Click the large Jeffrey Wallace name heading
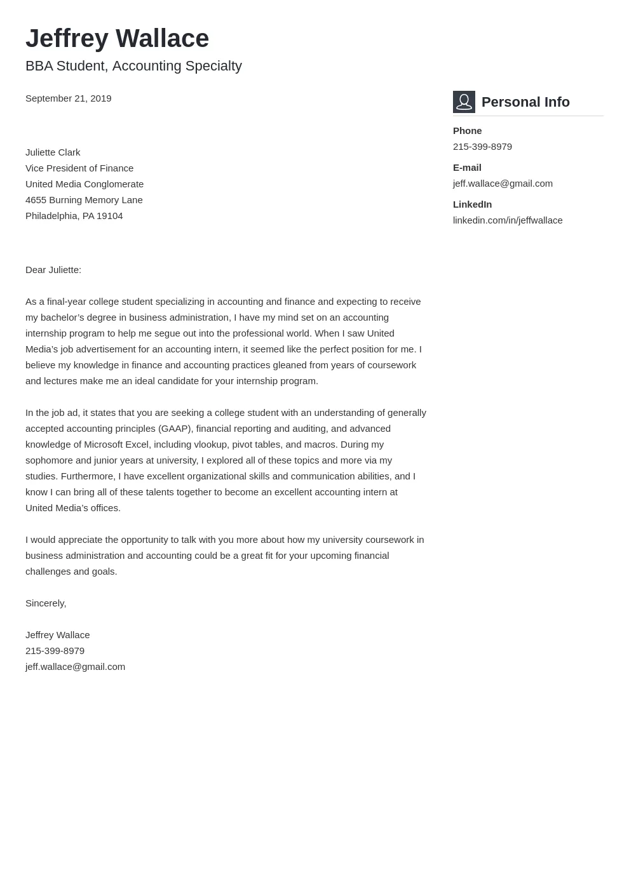click(117, 39)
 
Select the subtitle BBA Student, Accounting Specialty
click(133, 66)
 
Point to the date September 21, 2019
click(68, 98)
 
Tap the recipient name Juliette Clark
click(53, 152)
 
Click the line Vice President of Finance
click(79, 168)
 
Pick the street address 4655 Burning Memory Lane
click(84, 200)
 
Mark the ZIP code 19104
click(110, 216)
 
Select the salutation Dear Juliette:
click(53, 270)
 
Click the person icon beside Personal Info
click(464, 102)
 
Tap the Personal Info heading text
click(525, 102)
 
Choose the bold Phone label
click(467, 131)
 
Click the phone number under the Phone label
click(482, 147)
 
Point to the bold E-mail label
click(467, 168)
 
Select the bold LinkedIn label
click(472, 204)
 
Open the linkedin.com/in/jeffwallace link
click(508, 220)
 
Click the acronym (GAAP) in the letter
click(175, 429)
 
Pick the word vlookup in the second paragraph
click(210, 444)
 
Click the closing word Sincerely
click(45, 603)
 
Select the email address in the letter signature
click(75, 667)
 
